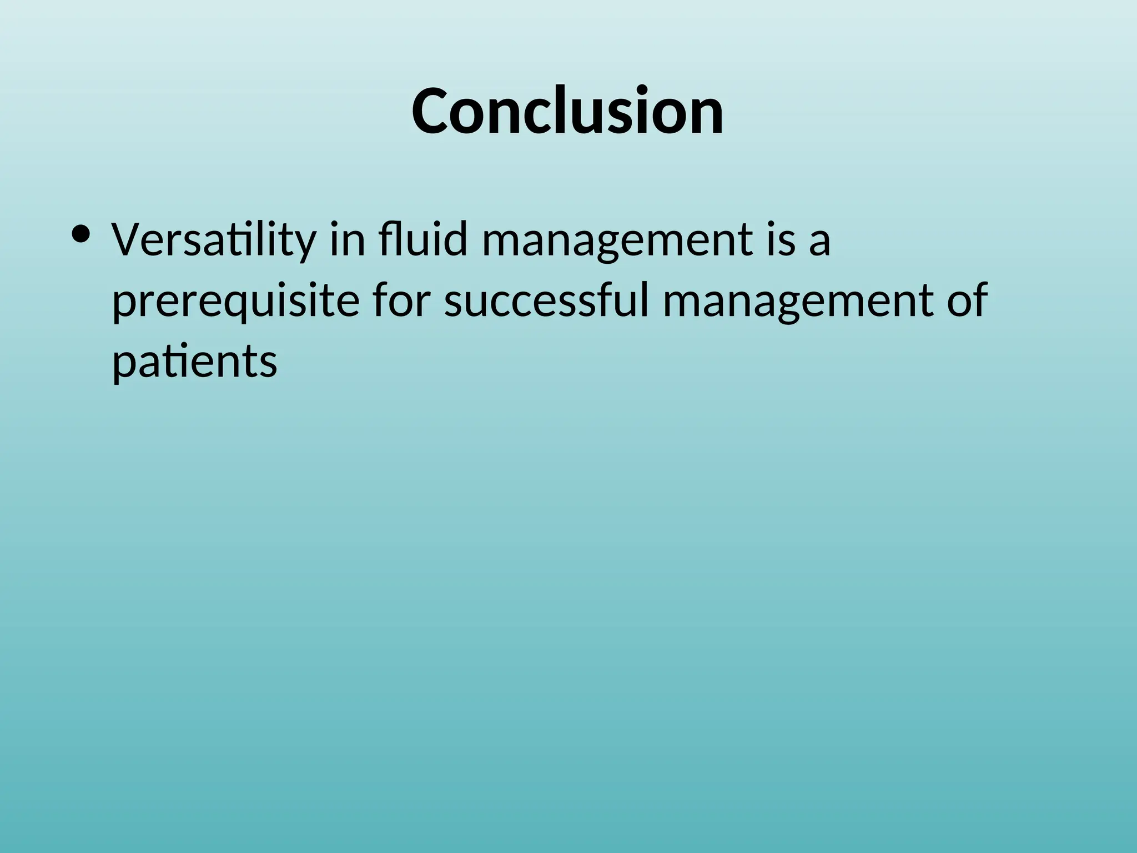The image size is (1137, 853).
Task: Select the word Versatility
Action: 213,240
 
